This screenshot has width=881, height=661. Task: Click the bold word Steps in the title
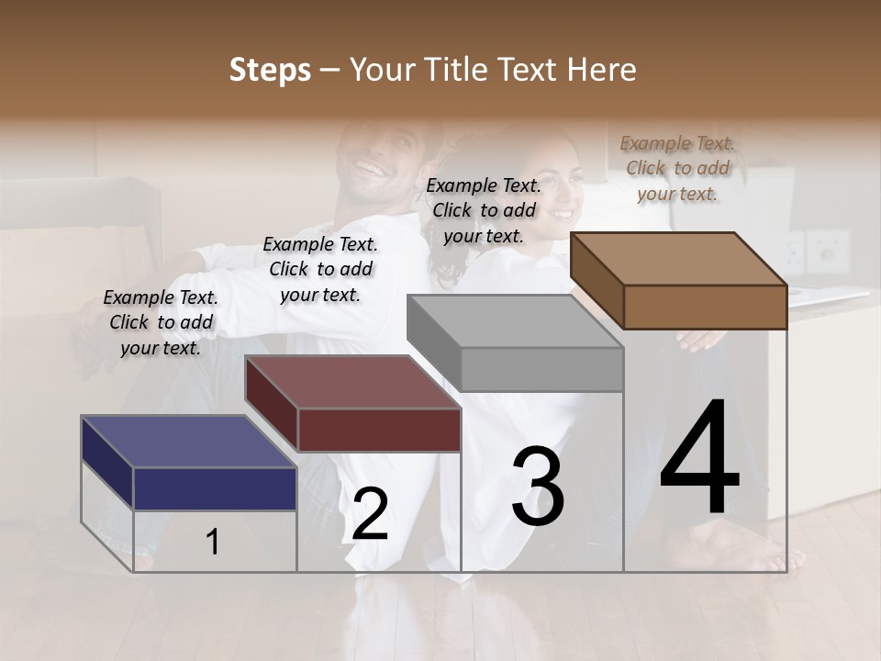[x=270, y=71]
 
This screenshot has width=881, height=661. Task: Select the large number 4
[x=699, y=458]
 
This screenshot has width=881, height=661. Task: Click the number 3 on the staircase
[x=538, y=487]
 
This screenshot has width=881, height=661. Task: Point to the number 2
[x=370, y=514]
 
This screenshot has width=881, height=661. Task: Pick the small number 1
[x=213, y=542]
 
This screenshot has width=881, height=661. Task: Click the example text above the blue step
[x=161, y=322]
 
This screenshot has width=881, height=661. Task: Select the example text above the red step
[x=320, y=269]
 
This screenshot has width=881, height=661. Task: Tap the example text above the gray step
[x=484, y=210]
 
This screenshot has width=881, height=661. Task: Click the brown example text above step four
[x=677, y=168]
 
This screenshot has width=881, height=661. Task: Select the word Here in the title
[x=604, y=71]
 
